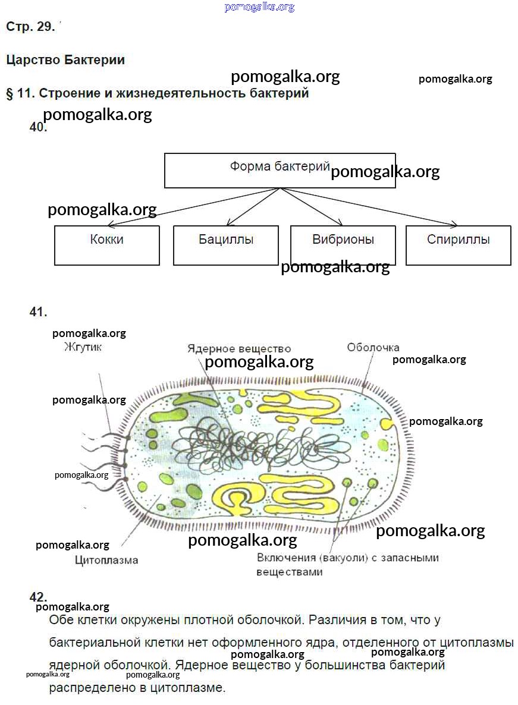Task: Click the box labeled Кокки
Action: [x=107, y=245]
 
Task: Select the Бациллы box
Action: [x=226, y=245]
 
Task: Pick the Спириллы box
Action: [x=458, y=245]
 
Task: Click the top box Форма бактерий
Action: [x=280, y=170]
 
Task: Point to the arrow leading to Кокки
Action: [x=190, y=208]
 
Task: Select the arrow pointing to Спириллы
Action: [x=369, y=207]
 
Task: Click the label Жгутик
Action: [x=83, y=347]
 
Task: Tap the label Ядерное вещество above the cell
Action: [x=239, y=348]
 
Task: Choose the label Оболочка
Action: [x=373, y=347]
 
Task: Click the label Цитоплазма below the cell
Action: [x=106, y=560]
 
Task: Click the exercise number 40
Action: [x=38, y=127]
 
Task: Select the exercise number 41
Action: [x=38, y=312]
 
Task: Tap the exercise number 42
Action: [x=38, y=597]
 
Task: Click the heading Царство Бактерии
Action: [x=65, y=60]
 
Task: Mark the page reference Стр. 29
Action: [x=30, y=27]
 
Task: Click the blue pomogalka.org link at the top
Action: [x=259, y=7]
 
